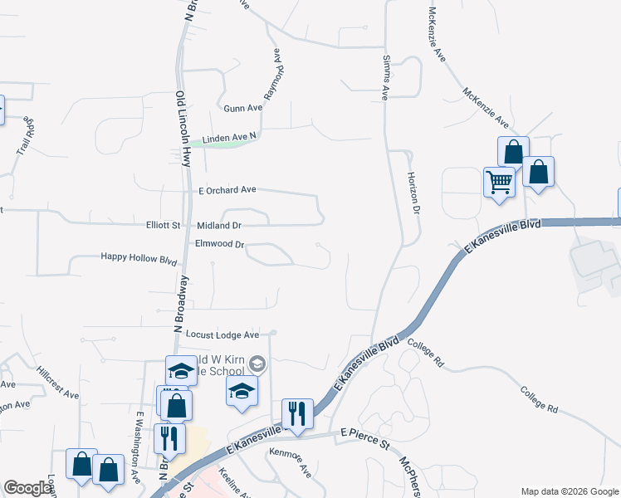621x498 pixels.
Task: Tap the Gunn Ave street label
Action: (x=242, y=108)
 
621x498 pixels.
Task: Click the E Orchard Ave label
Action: (x=227, y=189)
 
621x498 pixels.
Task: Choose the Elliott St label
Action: (x=164, y=225)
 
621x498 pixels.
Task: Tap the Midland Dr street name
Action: (x=219, y=225)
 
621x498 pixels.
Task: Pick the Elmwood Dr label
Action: (x=219, y=244)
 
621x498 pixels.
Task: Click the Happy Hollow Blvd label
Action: (x=139, y=259)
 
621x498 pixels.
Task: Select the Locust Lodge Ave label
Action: (x=222, y=334)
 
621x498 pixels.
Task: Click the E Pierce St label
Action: (x=366, y=433)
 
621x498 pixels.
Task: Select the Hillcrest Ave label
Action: (x=58, y=383)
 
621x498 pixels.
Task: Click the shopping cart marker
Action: (x=498, y=181)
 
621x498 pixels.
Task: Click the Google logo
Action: (x=28, y=488)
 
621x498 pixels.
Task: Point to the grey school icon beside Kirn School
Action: (x=257, y=363)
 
